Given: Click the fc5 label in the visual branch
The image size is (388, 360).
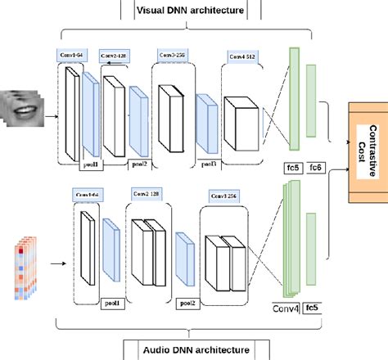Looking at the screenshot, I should point(291,166).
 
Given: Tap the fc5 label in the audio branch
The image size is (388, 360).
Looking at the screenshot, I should point(312,308).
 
